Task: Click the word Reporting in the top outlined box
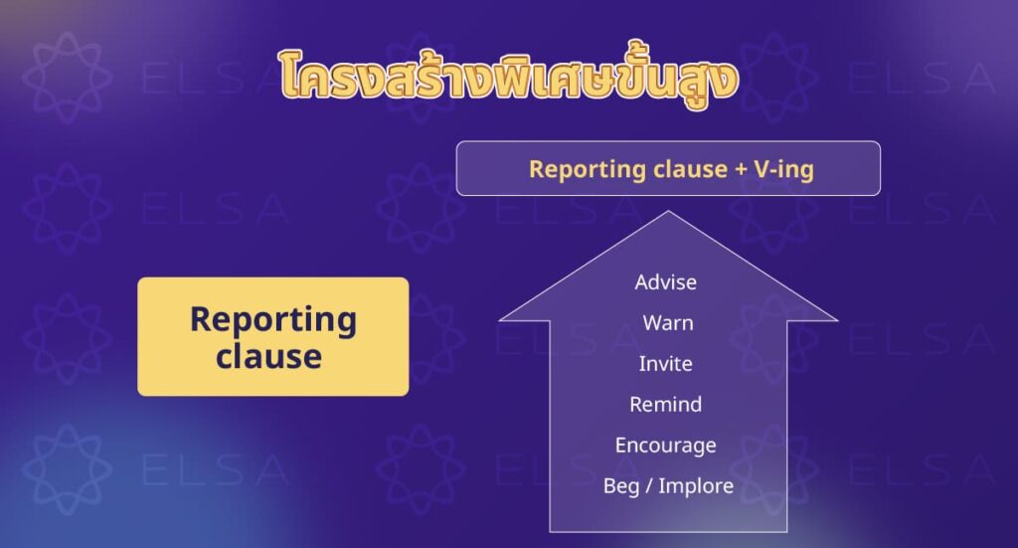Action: tap(573, 169)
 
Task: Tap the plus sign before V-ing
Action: tap(741, 169)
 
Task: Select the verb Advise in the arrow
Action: tap(666, 282)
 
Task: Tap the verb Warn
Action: tap(668, 323)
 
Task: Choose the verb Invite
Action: tap(666, 364)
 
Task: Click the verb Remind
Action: tap(666, 405)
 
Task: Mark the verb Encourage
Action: tap(666, 446)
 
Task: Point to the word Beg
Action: tap(621, 486)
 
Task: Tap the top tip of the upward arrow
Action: tap(669, 213)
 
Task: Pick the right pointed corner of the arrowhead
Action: tap(835, 320)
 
